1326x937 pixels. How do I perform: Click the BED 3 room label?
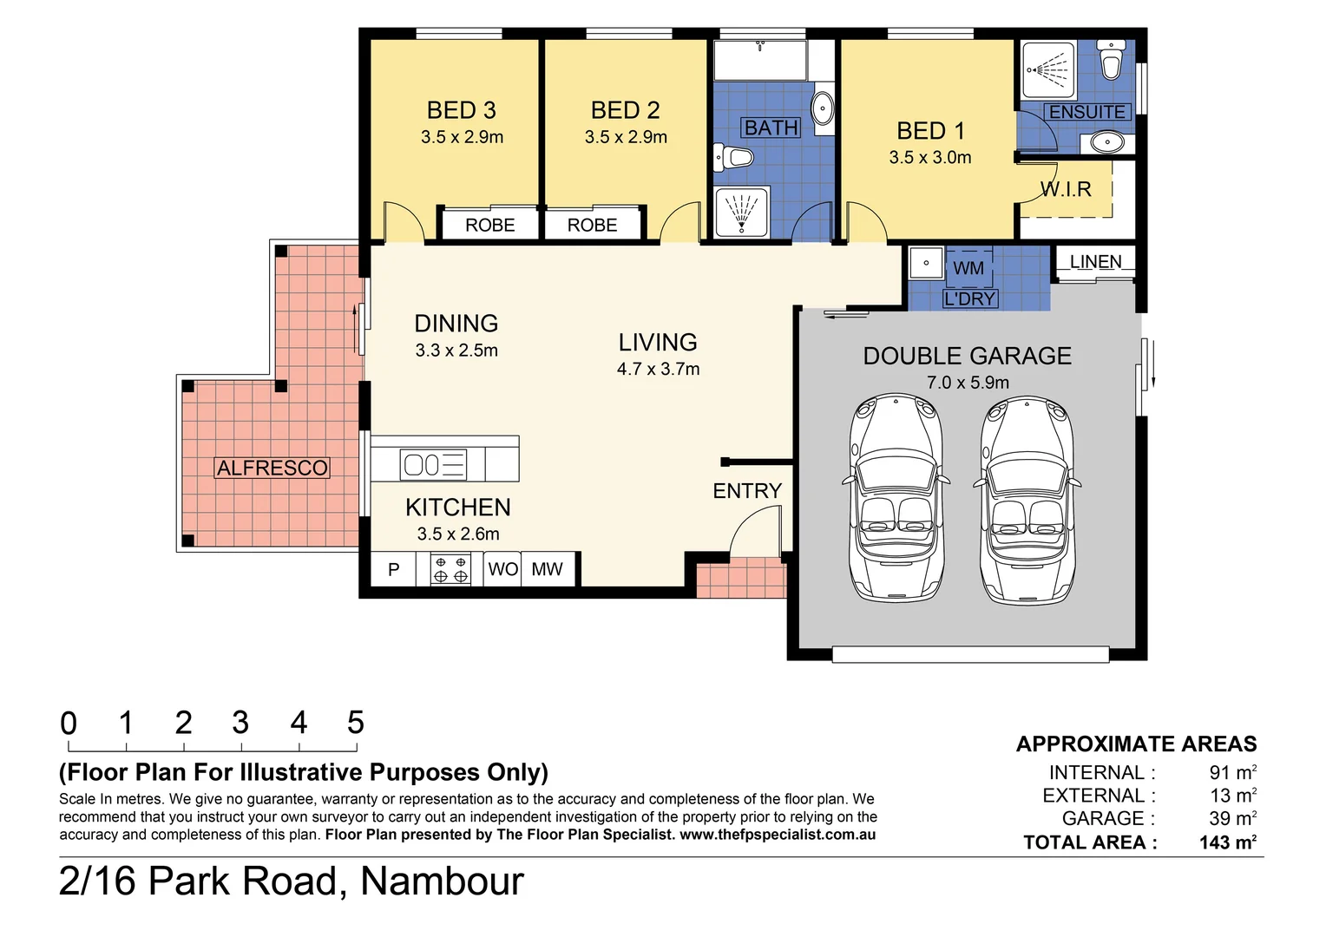pos(461,110)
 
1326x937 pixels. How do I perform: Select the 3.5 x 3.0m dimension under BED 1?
pos(929,157)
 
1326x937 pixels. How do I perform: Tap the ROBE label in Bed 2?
pos(592,225)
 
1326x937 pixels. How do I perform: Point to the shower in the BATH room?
pos(741,212)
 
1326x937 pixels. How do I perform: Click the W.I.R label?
pos(1066,189)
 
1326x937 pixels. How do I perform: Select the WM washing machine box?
pos(968,268)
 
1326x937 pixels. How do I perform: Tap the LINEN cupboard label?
pos(1095,261)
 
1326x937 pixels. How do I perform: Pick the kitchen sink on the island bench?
pos(433,464)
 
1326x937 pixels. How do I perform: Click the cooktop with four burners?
pos(450,569)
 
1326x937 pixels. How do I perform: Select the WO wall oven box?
pos(502,569)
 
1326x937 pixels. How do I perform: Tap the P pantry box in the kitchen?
pos(393,570)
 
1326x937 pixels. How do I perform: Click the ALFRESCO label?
pos(272,468)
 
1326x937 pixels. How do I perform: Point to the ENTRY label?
pos(747,491)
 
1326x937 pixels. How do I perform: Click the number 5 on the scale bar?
pos(355,722)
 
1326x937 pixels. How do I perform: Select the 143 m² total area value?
pos(1227,842)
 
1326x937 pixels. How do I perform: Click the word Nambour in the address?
pos(442,881)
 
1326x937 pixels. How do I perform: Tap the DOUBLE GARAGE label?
pos(967,356)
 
